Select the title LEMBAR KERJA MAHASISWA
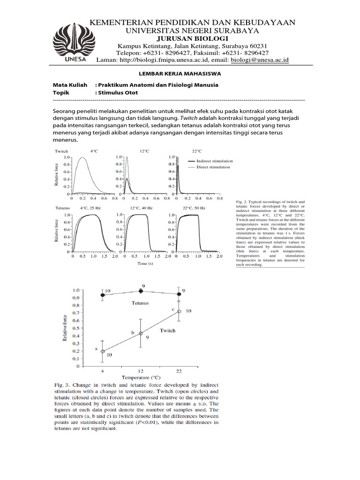coord(180,74)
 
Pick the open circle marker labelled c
coord(179,311)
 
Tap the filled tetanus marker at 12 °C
coord(141,291)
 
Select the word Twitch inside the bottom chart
coord(167,330)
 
